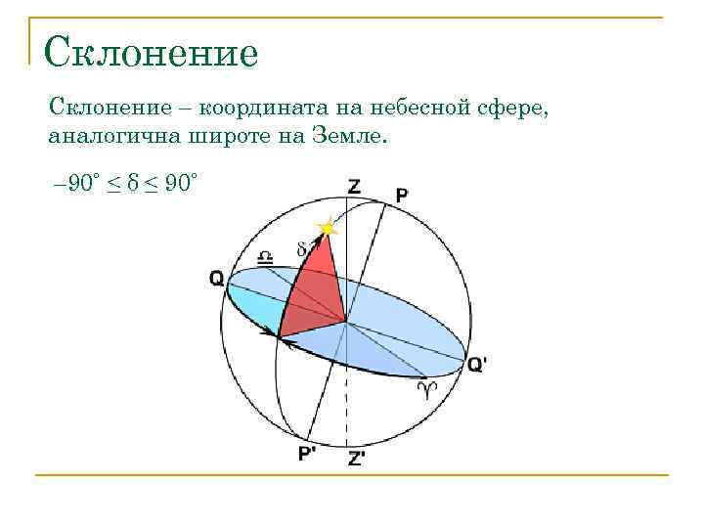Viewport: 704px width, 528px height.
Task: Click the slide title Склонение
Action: [x=152, y=52]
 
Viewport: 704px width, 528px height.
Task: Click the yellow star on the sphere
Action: [x=327, y=229]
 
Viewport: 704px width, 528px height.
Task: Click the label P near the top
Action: [x=402, y=196]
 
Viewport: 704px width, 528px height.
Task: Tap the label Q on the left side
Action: [x=216, y=279]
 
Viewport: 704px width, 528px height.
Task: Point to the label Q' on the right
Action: [x=477, y=364]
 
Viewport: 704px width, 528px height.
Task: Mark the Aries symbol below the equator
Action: [x=426, y=391]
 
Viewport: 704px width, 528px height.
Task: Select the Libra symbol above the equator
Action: [x=265, y=257]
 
